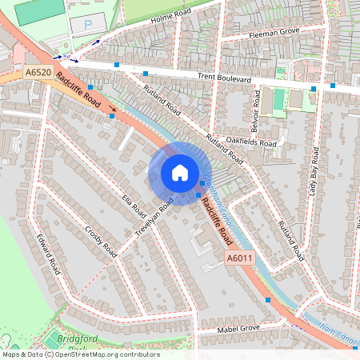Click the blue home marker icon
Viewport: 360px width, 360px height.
tap(180, 173)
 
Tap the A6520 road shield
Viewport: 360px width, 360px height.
tap(38, 73)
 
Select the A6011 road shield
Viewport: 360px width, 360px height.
tap(238, 258)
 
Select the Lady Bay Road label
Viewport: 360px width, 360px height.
tap(313, 172)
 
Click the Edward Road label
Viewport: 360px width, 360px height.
tap(49, 254)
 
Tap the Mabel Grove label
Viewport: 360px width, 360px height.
tap(239, 329)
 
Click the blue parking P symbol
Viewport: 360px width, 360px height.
tap(87, 25)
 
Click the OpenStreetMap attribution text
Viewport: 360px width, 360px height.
tap(80, 354)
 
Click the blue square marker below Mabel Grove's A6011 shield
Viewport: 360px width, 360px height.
tap(268, 300)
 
